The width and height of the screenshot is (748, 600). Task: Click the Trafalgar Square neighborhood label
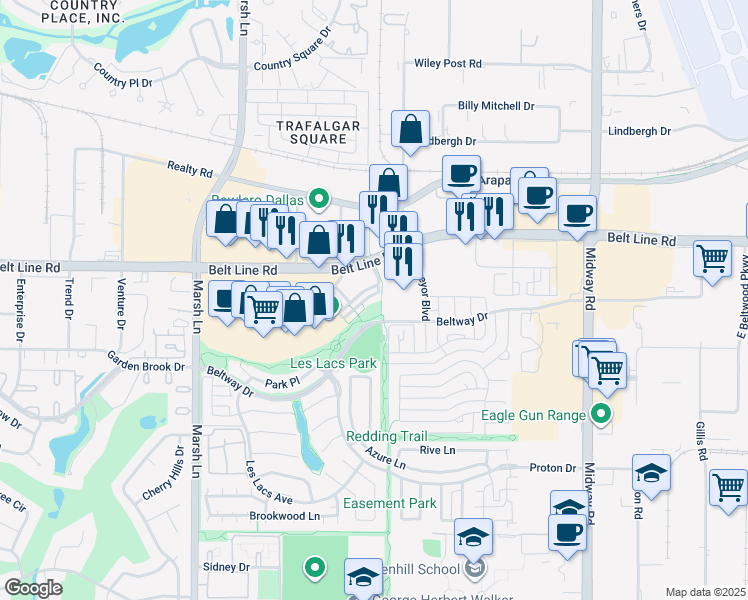(x=318, y=131)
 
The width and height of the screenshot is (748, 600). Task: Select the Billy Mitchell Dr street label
(x=496, y=105)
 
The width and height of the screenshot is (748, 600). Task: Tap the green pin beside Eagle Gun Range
(x=600, y=412)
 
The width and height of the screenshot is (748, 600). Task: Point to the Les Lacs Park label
(x=333, y=363)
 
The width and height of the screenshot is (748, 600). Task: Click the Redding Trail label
(x=386, y=436)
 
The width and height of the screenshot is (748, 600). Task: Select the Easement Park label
(x=390, y=503)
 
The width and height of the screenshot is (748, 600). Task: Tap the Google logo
(x=33, y=588)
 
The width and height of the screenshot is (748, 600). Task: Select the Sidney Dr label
(x=226, y=567)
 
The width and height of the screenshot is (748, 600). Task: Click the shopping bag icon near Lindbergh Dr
(x=410, y=129)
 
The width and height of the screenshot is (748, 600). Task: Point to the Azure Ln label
(x=385, y=463)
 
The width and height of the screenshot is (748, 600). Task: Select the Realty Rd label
(x=191, y=171)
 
